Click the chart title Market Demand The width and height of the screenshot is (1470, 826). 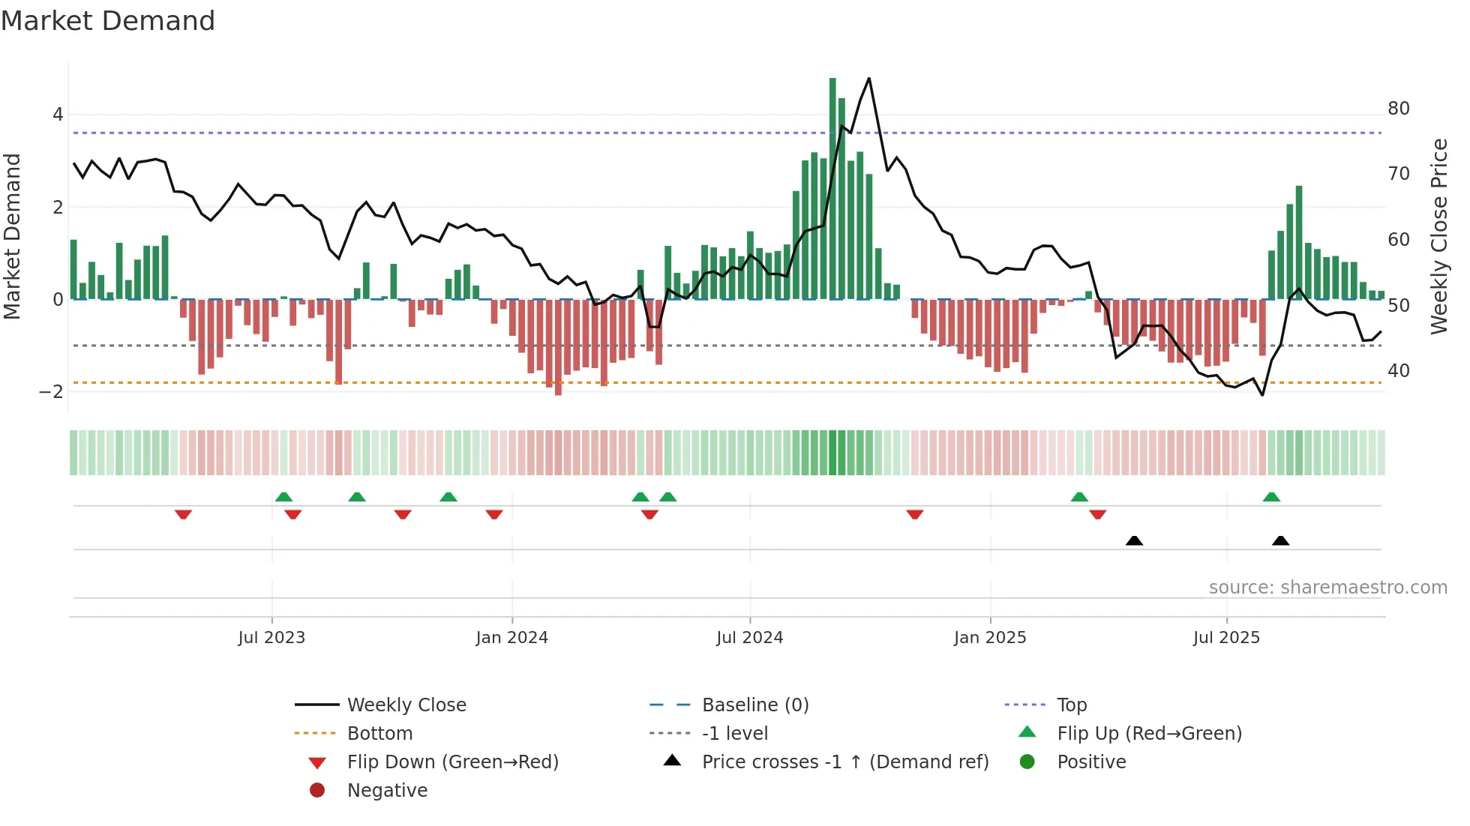click(x=108, y=21)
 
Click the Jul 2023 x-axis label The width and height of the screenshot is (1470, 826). click(x=271, y=638)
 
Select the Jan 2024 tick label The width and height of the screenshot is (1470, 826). click(x=511, y=638)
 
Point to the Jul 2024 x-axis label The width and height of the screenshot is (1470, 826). click(x=749, y=638)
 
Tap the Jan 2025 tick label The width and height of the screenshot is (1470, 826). click(x=990, y=638)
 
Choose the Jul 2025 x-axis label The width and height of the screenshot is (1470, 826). click(x=1226, y=638)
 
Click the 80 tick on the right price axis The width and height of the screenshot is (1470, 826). click(x=1398, y=109)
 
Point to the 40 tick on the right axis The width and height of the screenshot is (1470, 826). click(x=1398, y=371)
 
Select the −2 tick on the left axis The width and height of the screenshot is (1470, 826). click(x=51, y=392)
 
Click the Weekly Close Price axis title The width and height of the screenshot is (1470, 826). click(x=1438, y=236)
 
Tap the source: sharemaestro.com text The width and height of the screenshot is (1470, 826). click(x=1327, y=588)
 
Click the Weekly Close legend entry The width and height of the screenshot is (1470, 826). click(x=406, y=705)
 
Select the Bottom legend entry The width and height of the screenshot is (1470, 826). click(x=379, y=734)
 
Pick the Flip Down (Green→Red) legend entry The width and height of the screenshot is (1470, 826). click(x=452, y=762)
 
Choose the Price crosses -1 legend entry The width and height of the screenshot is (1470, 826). click(x=845, y=762)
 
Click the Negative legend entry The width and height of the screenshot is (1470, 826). click(x=387, y=791)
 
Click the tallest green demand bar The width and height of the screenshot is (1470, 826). click(x=832, y=187)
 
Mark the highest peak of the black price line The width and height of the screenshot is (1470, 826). click(x=869, y=79)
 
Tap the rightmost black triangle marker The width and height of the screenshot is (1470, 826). click(x=1280, y=541)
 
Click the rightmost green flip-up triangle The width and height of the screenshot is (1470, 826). click(x=1271, y=497)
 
